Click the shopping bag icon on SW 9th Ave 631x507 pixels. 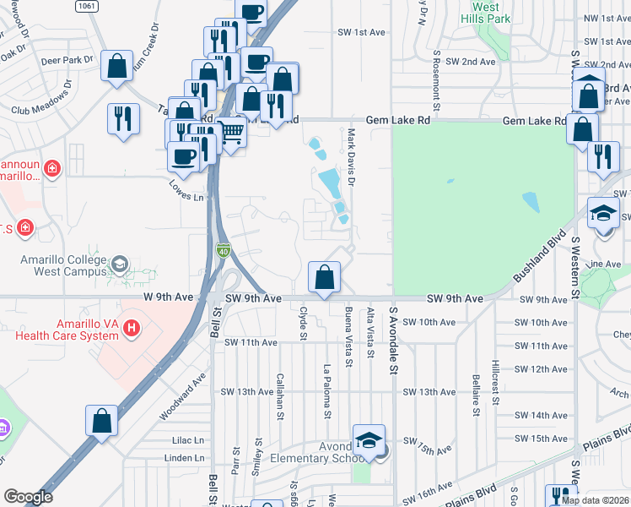[325, 277]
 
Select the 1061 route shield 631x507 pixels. [85, 6]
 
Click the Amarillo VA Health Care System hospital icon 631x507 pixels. [131, 327]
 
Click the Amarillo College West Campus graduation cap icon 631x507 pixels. [120, 264]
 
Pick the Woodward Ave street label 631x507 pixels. [182, 398]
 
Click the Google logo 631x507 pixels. [28, 497]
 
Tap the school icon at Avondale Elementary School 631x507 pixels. [369, 441]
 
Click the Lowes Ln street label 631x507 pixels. [186, 191]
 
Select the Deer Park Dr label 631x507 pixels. [67, 60]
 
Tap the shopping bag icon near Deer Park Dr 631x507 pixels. [116, 66]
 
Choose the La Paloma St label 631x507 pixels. [326, 390]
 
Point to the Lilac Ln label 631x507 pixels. [188, 440]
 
